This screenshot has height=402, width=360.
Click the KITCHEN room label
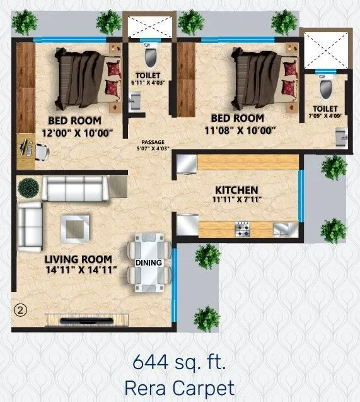pos(236,189)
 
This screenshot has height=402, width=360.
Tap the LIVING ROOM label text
pos(78,259)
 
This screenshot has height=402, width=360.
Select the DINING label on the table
pos(149,263)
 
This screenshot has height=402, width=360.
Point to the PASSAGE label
pos(153,142)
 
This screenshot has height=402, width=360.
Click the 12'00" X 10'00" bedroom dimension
pos(77,133)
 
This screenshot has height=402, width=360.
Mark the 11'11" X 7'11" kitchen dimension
pos(237,200)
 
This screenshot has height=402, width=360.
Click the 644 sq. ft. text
pos(179,362)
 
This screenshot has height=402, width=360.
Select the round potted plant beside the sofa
pos(28,187)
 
